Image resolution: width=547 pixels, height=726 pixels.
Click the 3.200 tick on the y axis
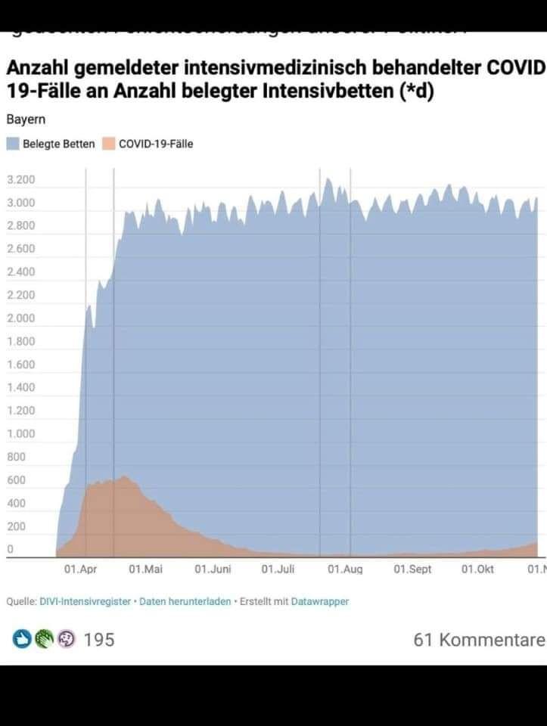20,180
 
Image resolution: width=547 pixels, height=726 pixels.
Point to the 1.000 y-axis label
20,433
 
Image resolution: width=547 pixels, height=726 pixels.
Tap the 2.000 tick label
20,318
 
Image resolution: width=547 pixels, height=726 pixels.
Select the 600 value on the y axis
16,479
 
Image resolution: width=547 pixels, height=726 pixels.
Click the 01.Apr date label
80,569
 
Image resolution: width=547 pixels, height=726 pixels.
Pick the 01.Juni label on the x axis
213,569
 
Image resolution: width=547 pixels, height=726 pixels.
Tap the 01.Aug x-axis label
344,569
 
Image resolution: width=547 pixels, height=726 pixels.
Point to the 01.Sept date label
412,569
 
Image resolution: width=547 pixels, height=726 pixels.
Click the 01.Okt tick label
477,569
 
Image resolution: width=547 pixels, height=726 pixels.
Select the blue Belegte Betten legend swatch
13,144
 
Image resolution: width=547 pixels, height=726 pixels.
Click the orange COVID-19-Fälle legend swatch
108,144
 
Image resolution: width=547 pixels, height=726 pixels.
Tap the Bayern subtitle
25,119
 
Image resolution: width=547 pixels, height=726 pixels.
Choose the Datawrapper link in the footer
320,602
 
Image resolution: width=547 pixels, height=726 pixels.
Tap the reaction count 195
99,640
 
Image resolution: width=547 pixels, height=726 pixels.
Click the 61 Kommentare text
479,640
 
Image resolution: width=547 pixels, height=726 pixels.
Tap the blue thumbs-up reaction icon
23,640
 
